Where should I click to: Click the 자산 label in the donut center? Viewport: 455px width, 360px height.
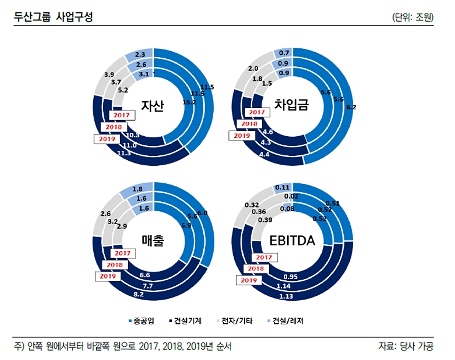(x=152, y=106)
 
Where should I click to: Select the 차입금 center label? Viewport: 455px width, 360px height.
(x=291, y=104)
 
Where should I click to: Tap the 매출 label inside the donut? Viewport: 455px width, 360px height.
(x=153, y=241)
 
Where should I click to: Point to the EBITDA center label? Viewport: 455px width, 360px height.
(x=292, y=241)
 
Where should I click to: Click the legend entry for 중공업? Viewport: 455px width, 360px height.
(x=141, y=321)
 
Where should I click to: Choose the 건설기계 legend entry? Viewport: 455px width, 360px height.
(x=185, y=321)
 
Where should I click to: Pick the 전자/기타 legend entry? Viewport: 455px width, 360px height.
(x=234, y=321)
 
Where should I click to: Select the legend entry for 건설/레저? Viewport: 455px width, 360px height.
(x=285, y=321)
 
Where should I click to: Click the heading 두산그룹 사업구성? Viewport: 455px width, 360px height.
(x=53, y=17)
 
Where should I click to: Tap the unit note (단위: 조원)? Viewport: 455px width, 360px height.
(x=413, y=17)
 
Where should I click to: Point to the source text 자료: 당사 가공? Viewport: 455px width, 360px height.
(x=406, y=346)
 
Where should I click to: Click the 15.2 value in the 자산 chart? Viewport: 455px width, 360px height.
(x=189, y=102)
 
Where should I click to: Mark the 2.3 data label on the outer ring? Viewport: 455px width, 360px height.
(x=140, y=54)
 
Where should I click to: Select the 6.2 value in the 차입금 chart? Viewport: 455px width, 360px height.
(x=351, y=107)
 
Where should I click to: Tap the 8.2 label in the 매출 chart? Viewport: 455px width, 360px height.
(x=139, y=294)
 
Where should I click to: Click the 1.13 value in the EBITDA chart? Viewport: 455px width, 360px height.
(x=286, y=296)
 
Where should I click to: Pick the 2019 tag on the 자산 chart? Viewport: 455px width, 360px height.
(x=107, y=139)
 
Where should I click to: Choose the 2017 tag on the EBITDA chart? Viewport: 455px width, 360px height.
(x=264, y=257)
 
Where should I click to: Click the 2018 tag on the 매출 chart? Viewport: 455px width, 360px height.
(x=114, y=265)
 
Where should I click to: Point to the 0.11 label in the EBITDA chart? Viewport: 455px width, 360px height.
(x=282, y=187)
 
